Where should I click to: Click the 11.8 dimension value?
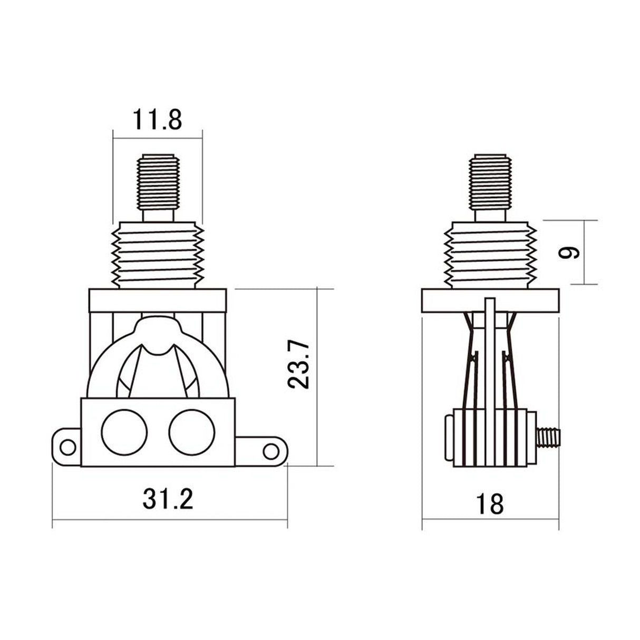157,121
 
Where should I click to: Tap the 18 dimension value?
490,503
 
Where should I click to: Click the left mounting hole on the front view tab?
67,447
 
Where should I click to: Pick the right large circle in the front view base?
192,432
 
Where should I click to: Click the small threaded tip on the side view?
491,179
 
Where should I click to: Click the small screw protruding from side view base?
548,436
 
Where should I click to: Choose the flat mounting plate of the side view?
491,301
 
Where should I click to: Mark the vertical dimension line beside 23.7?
317,377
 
